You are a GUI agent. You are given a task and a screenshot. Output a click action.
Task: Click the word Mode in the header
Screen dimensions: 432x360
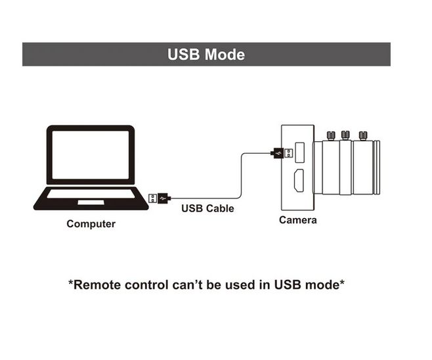coord(225,55)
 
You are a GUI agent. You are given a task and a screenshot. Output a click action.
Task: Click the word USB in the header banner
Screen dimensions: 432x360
coord(183,55)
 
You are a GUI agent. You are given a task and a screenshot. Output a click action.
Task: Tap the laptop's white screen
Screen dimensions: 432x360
coord(91,154)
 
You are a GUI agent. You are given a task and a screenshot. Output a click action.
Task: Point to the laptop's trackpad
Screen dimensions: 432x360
coord(91,202)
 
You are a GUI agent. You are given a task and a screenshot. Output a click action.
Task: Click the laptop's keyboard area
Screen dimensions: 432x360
coord(91,194)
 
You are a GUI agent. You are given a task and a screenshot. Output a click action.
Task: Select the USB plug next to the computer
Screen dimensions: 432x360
coord(160,198)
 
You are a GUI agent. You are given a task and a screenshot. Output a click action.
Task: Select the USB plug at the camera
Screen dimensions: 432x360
coord(282,153)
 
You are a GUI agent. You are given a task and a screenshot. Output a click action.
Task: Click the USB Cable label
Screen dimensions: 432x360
coord(207,208)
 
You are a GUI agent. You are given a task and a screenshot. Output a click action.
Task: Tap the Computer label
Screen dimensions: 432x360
coord(91,224)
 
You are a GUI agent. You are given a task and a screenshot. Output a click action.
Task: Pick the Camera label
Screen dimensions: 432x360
coord(298,220)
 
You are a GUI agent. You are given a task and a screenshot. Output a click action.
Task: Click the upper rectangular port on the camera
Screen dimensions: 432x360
coord(300,152)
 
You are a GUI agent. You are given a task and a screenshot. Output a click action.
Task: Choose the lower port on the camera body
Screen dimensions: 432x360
coord(299,181)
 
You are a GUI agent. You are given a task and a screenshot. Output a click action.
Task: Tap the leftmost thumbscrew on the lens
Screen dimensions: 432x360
coord(331,136)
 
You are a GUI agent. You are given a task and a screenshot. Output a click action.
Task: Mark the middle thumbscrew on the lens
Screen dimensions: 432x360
coord(345,135)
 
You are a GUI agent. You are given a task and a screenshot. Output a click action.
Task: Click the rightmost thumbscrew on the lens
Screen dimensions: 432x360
coord(363,136)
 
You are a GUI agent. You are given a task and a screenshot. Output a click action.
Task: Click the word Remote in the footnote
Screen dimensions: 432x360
coord(97,284)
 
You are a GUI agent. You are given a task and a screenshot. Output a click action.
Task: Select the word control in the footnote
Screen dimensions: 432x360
coord(146,284)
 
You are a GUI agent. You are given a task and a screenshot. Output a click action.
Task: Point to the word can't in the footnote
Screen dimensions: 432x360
coord(188,284)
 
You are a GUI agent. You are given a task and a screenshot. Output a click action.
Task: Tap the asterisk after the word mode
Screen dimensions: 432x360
coord(342,282)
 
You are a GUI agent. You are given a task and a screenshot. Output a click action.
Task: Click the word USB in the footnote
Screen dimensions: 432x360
coord(288,284)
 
